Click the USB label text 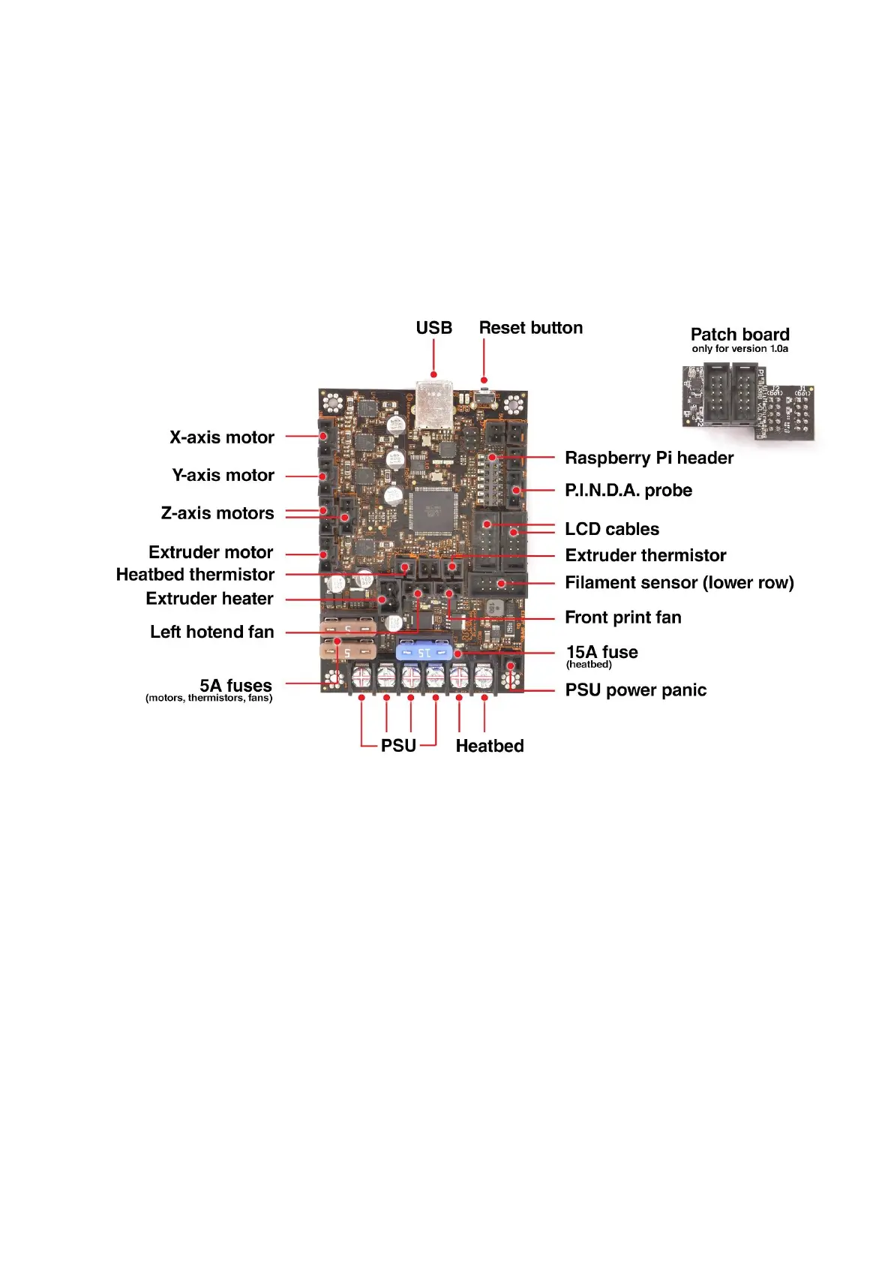(433, 328)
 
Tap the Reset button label (530, 328)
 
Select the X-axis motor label (221, 437)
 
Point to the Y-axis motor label (223, 476)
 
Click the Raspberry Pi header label (649, 458)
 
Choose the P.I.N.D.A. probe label (628, 491)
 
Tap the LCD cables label (611, 529)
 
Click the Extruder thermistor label (645, 555)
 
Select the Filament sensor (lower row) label (679, 583)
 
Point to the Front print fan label (622, 617)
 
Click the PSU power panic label (635, 690)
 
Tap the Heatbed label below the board (489, 746)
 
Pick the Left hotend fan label (211, 632)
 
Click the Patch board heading (739, 335)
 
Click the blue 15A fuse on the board (424, 651)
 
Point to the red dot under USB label (433, 374)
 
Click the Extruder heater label (209, 599)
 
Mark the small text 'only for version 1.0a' (739, 349)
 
